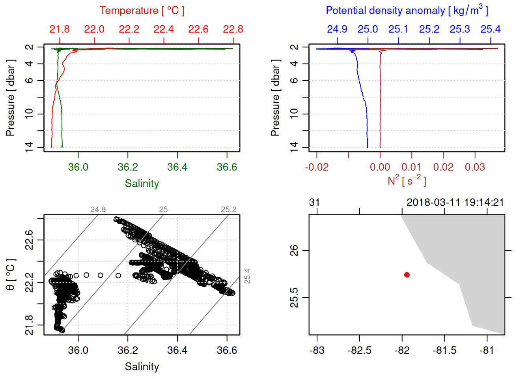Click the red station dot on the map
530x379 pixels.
(x=407, y=275)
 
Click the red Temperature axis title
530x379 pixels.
(x=142, y=11)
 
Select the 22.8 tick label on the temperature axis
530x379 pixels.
(x=233, y=29)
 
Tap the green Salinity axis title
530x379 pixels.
(x=142, y=184)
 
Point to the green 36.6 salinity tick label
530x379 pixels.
(x=227, y=167)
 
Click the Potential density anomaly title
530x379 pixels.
(x=407, y=11)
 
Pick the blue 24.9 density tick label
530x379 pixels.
(x=337, y=29)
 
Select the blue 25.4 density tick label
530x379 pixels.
(x=490, y=29)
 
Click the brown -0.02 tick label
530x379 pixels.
(x=317, y=167)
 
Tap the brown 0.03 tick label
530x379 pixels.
(x=475, y=167)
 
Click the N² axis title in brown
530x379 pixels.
(x=407, y=181)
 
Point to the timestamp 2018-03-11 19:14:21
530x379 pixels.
(x=455, y=203)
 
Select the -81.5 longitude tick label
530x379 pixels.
(x=444, y=351)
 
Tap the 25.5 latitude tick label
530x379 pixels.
(x=294, y=298)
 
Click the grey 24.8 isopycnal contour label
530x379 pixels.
(x=98, y=210)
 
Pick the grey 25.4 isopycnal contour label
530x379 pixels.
(x=247, y=276)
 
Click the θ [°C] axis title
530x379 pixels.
(x=10, y=275)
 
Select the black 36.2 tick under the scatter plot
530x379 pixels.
(x=128, y=351)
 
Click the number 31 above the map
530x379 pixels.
(x=314, y=203)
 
